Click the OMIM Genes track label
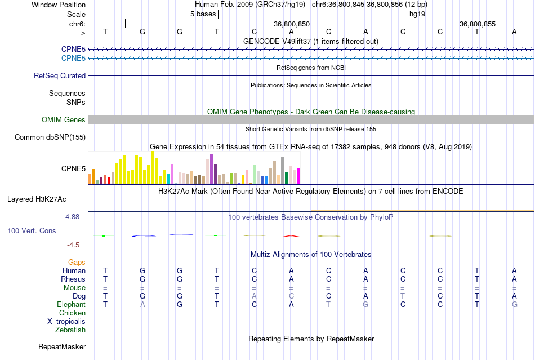click(63, 119)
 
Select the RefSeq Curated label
click(60, 75)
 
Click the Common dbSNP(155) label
click(50, 137)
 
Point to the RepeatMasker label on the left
click(61, 346)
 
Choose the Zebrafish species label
click(70, 330)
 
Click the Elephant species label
click(71, 304)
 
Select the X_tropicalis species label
click(66, 321)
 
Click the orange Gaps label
click(77, 262)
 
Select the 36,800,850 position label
click(292, 24)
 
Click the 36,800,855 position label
click(478, 24)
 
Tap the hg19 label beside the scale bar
click(417, 14)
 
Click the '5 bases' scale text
click(203, 14)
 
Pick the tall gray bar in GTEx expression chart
click(282, 170)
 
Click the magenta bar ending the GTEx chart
click(298, 176)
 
